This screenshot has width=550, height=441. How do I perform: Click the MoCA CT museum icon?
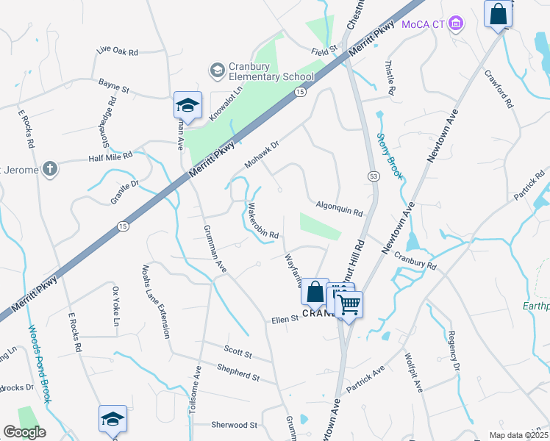click(x=457, y=24)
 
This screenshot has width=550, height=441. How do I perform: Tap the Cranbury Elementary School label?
click(x=262, y=71)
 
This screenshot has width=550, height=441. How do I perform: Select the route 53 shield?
click(x=374, y=177)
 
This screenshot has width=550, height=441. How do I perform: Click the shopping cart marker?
click(x=350, y=303)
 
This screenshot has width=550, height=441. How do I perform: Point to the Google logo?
click(x=24, y=432)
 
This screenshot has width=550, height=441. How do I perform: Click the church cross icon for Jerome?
click(x=49, y=169)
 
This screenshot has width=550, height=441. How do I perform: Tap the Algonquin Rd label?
click(x=340, y=209)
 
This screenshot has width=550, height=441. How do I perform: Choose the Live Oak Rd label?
click(x=118, y=51)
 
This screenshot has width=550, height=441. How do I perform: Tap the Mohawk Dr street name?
click(x=262, y=154)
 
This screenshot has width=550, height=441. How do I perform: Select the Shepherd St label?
click(x=238, y=372)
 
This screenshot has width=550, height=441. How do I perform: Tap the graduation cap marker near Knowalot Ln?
click(x=187, y=105)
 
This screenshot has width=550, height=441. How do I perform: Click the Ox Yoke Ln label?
click(x=115, y=306)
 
